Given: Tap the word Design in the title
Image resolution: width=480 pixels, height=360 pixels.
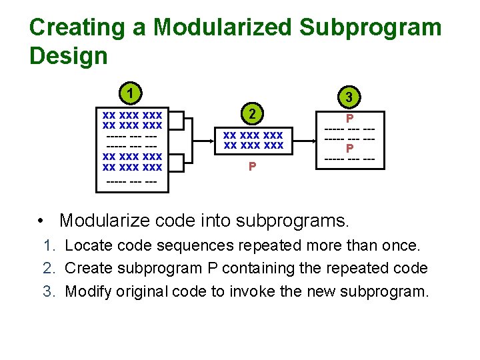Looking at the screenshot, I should coord(68,56).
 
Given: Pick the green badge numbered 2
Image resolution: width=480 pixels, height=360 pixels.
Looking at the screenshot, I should coord(252,113).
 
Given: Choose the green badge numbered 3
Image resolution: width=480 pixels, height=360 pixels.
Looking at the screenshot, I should coord(349,97).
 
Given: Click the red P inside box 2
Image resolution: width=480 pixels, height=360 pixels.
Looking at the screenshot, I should coord(252,167).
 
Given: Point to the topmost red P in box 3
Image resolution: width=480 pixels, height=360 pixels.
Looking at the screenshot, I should coord(349,118).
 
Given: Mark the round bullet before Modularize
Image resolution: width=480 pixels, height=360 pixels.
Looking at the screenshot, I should coord(42,221).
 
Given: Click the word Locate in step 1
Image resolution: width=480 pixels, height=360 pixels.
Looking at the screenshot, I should coord(87,245).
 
